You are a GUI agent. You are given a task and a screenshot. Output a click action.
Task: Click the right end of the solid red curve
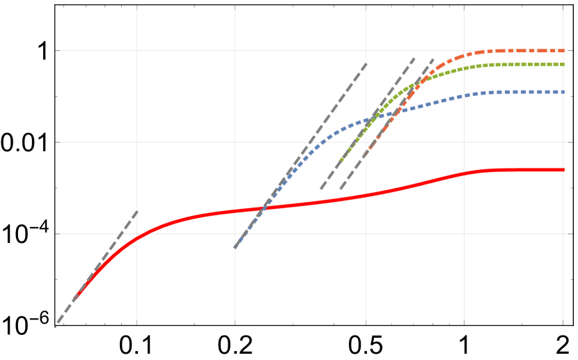563,170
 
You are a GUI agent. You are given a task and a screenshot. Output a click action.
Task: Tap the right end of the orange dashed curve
564,51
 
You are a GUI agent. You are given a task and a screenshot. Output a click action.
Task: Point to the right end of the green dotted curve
564,65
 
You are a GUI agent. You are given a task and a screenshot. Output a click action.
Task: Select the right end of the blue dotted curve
564,92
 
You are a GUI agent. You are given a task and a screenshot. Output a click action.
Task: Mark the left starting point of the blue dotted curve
235,247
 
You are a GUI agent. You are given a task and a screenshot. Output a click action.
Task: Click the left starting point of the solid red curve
73,300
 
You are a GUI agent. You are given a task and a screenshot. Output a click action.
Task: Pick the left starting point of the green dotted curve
339,164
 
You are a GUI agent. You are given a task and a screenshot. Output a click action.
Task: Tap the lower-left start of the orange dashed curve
364,155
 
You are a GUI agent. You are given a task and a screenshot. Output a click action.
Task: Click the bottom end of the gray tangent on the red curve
56,326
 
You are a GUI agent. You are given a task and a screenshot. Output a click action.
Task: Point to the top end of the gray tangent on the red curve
138,210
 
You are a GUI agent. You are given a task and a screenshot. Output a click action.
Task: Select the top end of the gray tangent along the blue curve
367,63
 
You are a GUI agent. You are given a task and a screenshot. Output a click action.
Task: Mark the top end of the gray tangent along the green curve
415,58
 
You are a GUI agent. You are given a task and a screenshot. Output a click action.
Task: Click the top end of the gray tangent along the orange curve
434,58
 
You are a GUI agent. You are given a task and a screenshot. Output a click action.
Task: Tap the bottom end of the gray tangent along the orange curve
340,189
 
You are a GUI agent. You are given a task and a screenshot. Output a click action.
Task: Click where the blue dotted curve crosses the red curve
264,208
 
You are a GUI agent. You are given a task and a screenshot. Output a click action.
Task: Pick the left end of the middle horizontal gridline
60,142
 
